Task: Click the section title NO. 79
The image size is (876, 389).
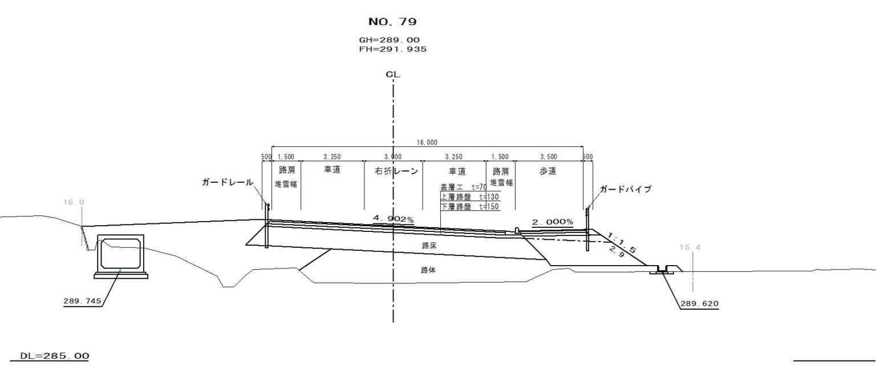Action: (392, 22)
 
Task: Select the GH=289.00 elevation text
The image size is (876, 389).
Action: (389, 40)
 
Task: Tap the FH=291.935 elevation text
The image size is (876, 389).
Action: (392, 49)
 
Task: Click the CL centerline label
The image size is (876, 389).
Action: (393, 74)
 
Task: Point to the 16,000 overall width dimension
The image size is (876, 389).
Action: (427, 143)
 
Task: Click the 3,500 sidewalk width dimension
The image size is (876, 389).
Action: (549, 157)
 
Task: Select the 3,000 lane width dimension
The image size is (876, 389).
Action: (393, 157)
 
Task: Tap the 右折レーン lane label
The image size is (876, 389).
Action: (396, 171)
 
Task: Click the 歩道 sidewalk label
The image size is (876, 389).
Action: (548, 171)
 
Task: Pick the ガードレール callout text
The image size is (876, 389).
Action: (228, 182)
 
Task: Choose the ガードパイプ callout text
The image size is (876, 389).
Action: (626, 189)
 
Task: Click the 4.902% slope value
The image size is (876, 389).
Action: (394, 219)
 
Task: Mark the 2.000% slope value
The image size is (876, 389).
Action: (553, 222)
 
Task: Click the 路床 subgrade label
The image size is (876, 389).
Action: (429, 246)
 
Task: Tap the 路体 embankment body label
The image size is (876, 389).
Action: (428, 270)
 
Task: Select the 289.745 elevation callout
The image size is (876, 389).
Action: (83, 301)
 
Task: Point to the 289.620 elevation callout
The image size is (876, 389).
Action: (700, 303)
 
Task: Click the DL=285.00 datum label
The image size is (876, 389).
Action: (55, 356)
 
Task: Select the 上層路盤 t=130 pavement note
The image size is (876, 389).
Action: (470, 197)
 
